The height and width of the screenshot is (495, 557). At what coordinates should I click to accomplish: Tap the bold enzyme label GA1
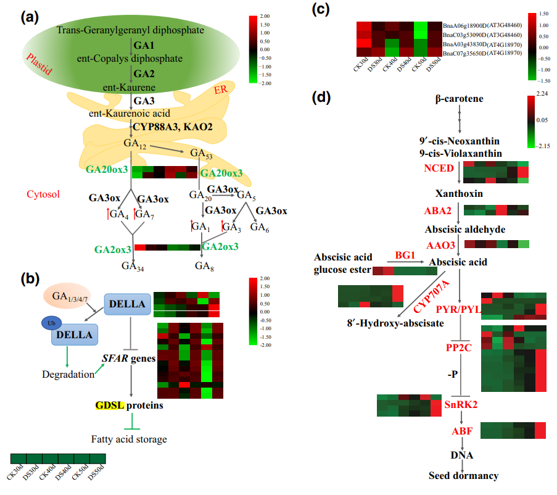coord(144,46)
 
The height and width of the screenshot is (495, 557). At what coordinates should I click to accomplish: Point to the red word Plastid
coord(39,64)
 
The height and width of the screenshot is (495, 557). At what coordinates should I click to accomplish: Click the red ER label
coord(220,91)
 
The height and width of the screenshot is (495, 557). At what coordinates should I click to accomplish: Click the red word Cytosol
coord(43,194)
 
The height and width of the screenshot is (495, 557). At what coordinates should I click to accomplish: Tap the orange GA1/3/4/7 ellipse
coord(66,296)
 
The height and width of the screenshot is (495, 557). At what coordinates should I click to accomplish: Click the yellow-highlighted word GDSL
coord(110,406)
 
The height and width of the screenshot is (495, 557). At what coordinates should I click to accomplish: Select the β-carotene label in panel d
coord(459,99)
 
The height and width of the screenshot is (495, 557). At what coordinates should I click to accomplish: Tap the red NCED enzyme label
coord(438,168)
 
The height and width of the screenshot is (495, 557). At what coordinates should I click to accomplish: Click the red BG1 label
coord(405,254)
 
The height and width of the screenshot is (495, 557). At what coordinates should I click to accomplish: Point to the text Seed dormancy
coord(463,475)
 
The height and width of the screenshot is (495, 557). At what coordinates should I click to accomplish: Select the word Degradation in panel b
coord(68,374)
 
